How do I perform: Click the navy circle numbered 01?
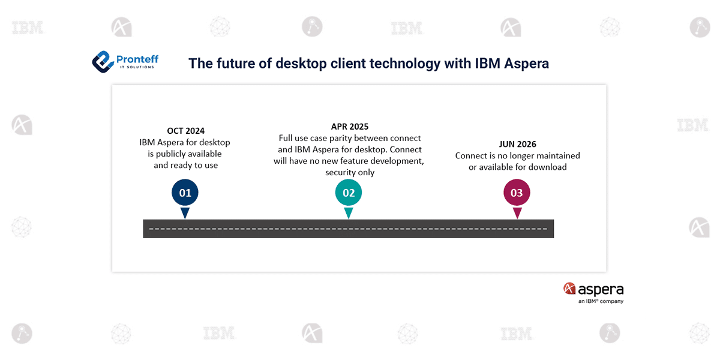185,193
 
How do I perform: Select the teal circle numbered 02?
349,193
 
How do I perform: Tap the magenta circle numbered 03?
517,193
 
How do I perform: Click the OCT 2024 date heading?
186,131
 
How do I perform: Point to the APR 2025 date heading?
350,127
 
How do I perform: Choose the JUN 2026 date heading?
517,144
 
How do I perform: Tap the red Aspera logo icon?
569,289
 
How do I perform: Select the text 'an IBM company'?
601,301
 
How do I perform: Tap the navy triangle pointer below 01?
185,212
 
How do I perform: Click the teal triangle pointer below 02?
349,212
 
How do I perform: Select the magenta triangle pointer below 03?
517,212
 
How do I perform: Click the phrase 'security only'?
350,172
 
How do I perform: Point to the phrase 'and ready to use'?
186,165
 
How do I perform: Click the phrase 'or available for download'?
517,167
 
